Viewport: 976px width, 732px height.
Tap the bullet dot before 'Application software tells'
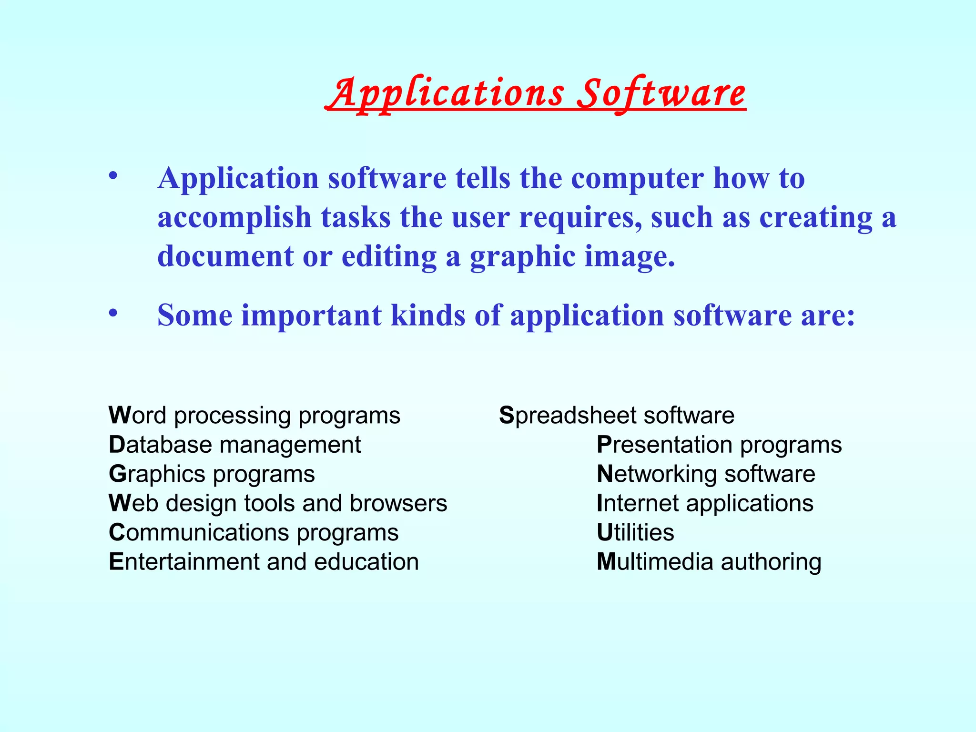(x=112, y=176)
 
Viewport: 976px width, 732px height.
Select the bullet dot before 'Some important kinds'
(x=112, y=313)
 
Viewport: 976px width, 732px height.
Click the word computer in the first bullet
(x=637, y=179)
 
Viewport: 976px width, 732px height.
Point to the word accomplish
(x=234, y=218)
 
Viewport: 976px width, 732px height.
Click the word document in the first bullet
(x=225, y=256)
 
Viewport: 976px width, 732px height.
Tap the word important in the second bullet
(x=311, y=315)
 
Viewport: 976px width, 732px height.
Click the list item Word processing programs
(x=254, y=416)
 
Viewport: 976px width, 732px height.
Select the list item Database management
(x=234, y=445)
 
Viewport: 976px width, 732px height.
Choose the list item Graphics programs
(x=212, y=474)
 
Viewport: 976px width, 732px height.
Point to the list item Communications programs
(x=254, y=533)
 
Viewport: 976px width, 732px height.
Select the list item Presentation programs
(x=719, y=445)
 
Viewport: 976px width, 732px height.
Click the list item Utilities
(x=635, y=532)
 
